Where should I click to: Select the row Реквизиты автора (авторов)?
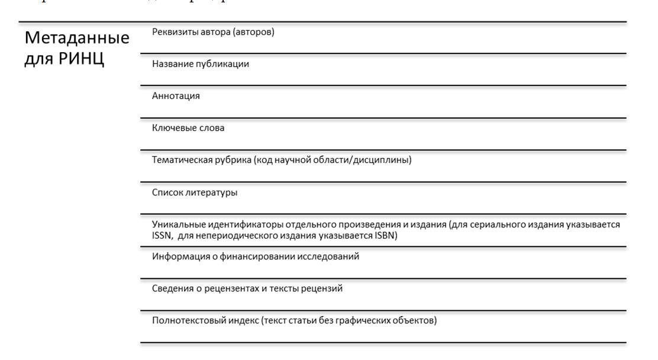(x=213, y=33)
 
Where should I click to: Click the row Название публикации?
(x=200, y=65)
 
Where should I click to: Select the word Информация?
(x=178, y=256)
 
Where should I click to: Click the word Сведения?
(x=172, y=288)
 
